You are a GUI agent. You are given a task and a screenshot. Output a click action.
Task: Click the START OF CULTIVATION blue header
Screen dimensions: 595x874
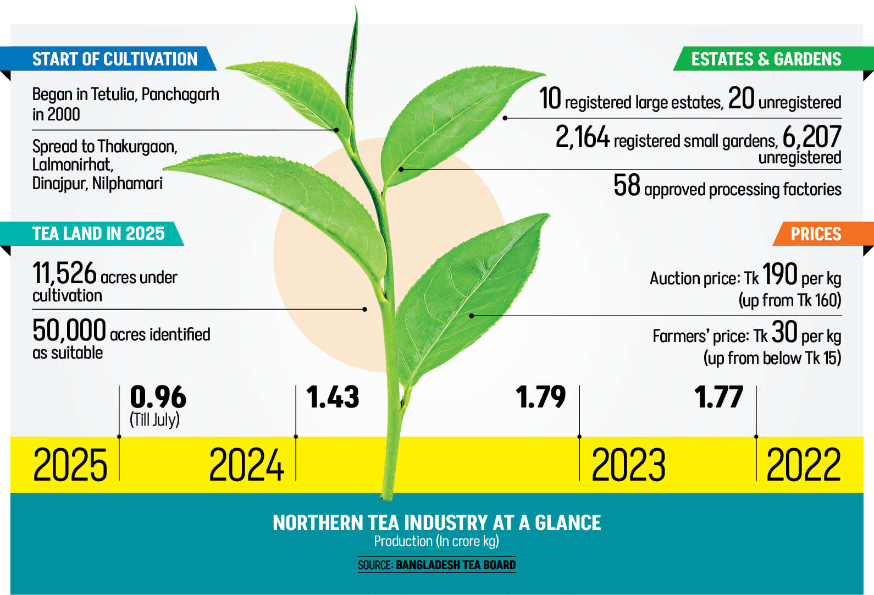pos(114,59)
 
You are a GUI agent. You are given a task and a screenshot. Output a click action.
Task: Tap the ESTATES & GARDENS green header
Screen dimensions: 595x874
pos(766,59)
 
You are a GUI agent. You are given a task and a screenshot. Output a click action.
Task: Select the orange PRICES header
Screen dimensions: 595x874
pos(816,234)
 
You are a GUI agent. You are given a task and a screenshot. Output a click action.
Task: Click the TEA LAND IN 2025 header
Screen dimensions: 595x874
pos(98,233)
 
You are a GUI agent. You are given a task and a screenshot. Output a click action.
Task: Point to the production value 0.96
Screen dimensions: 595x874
pos(158,397)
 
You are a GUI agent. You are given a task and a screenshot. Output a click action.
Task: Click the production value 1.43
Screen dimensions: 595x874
pos(333,397)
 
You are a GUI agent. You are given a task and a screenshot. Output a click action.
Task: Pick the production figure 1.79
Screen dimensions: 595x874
pos(540,397)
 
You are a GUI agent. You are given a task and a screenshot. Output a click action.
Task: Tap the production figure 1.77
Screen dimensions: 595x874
pos(718,397)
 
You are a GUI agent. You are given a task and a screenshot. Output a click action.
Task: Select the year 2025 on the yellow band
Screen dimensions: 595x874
pos(70,465)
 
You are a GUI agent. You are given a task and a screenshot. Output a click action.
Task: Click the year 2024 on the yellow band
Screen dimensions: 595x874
pos(246,465)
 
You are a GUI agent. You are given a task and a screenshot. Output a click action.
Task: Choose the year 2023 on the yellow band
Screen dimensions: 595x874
pos(628,465)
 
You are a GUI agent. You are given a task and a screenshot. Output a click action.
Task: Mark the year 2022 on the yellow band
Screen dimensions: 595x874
pos(803,465)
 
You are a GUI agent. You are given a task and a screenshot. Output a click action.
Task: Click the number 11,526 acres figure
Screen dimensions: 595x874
pos(64,273)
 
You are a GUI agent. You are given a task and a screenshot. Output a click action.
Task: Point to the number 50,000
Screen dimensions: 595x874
pos(69,330)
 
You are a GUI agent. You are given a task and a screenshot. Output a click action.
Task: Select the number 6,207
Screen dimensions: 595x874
pos(811,137)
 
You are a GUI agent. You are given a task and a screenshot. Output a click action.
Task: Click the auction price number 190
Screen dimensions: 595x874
pos(779,274)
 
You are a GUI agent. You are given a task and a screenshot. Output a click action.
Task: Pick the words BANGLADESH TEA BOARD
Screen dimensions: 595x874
pos(456,565)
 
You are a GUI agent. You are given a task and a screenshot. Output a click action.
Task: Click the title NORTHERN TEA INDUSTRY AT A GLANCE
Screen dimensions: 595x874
pos(436,522)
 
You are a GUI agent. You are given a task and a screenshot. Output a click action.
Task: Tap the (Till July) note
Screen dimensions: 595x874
pos(154,420)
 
